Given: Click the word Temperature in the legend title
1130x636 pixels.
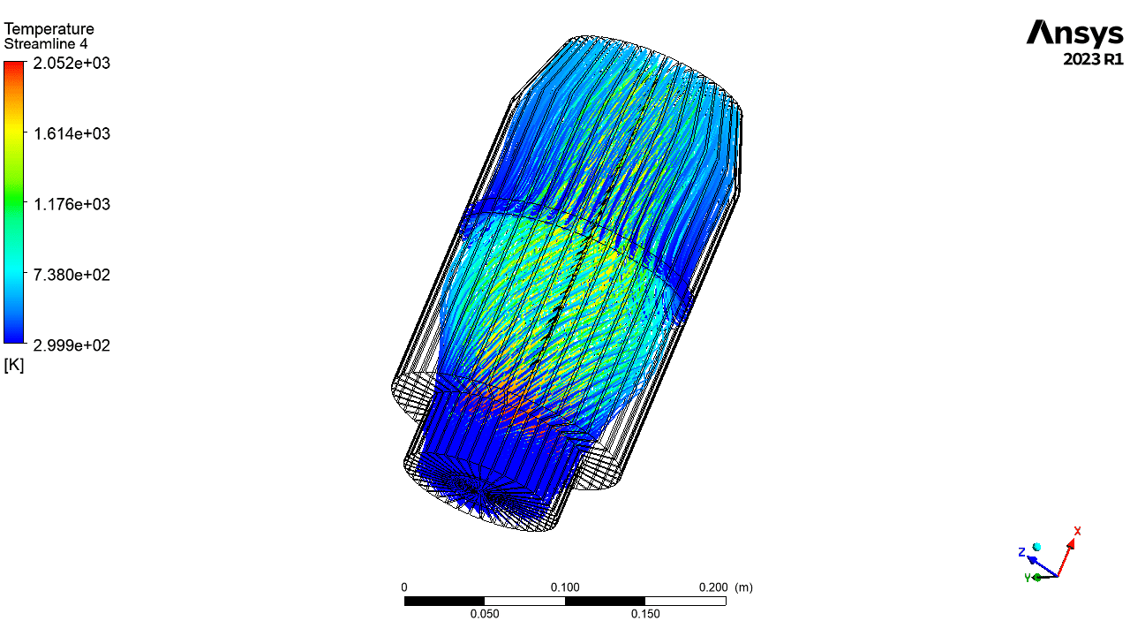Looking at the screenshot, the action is click(49, 29).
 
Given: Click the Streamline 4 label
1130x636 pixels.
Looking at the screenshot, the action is click(46, 44).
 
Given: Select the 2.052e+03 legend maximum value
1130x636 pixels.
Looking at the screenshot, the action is click(72, 63).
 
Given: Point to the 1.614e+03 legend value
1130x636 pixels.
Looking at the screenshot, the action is click(72, 133).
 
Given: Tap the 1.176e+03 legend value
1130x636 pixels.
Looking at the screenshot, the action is click(72, 204).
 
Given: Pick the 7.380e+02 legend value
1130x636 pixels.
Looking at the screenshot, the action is click(72, 275).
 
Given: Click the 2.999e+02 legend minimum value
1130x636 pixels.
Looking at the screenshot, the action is click(72, 345).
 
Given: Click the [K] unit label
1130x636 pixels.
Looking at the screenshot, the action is click(13, 365).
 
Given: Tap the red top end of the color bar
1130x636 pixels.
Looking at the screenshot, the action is click(13, 64).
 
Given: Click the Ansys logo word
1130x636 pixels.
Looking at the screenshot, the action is click(1074, 34).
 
